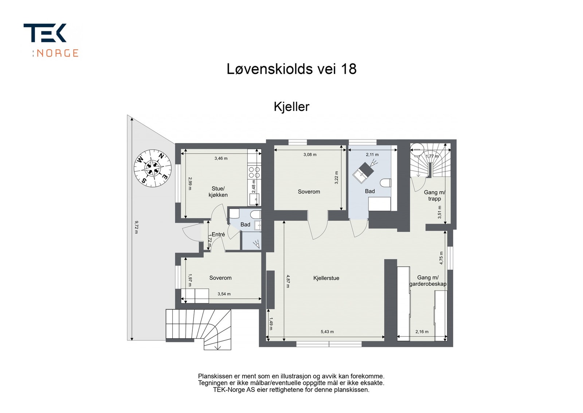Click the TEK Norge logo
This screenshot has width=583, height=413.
[x=51, y=40]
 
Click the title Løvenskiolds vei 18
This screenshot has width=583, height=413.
[x=291, y=69]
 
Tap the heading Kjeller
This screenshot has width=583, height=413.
[x=291, y=107]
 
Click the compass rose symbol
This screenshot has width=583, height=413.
[x=152, y=168]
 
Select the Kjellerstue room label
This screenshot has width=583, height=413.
[x=326, y=278]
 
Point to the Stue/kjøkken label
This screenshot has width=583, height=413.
[x=218, y=192]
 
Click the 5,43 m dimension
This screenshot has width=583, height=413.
[x=327, y=332]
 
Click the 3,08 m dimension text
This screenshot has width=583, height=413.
[x=310, y=154]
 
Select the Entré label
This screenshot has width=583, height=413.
[x=218, y=235]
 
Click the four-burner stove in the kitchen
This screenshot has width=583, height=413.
[x=254, y=172]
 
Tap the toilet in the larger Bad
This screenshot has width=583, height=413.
[x=386, y=182]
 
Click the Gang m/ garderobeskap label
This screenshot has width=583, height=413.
[x=428, y=281]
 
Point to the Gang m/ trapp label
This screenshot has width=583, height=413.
[x=434, y=196]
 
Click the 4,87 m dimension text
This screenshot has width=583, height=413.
[x=287, y=281]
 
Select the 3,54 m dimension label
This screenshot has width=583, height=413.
[x=224, y=294]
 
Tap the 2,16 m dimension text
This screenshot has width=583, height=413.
[x=422, y=332]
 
